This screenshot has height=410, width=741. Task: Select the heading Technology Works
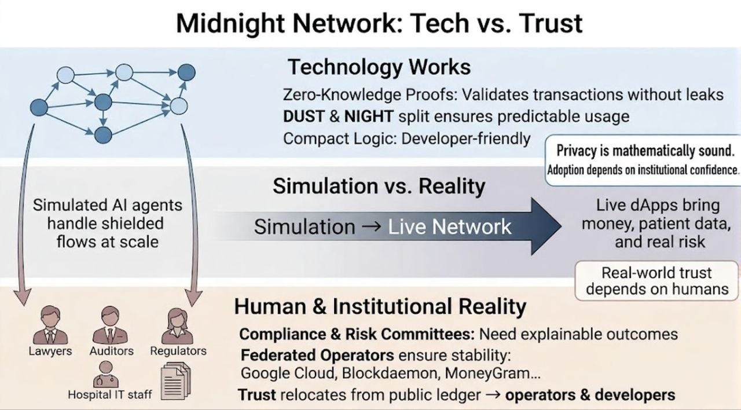click(379, 67)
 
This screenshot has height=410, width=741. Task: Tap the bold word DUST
click(303, 116)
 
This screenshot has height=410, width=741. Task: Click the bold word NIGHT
click(368, 116)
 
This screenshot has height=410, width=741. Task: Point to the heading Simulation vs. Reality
click(379, 186)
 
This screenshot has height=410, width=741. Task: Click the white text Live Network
click(450, 226)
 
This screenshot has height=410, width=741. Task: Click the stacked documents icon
click(176, 380)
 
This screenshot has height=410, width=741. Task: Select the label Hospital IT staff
click(110, 395)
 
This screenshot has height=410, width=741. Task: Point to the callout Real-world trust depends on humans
click(657, 281)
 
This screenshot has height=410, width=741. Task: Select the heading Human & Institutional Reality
click(380, 307)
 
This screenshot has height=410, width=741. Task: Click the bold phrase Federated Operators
click(318, 354)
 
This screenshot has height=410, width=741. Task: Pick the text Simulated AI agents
click(107, 206)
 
